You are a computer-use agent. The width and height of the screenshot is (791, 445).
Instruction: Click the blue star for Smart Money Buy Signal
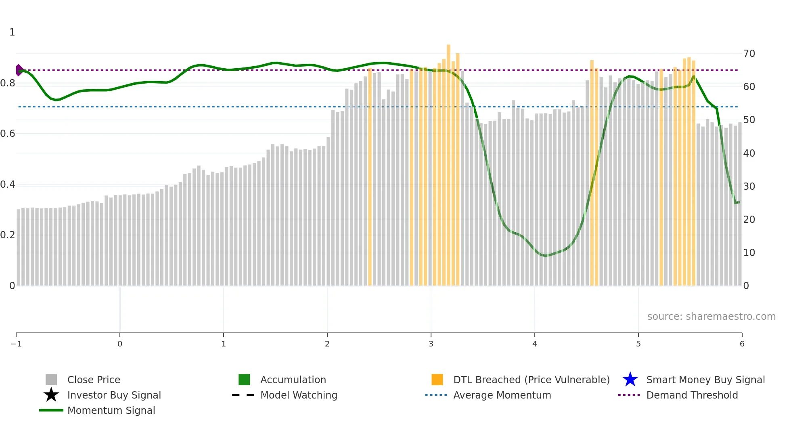[630, 380]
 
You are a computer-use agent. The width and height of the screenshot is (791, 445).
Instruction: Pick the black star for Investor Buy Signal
[51, 395]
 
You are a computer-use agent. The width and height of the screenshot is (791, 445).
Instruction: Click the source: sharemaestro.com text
[711, 316]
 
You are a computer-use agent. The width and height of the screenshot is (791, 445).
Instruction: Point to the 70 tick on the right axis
[749, 54]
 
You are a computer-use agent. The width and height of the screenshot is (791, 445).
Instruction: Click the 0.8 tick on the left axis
[8, 83]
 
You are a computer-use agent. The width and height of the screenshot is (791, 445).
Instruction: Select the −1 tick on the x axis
[16, 344]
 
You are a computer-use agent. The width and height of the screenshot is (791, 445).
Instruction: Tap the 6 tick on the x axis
[742, 344]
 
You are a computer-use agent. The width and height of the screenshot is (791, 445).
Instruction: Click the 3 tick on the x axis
[431, 344]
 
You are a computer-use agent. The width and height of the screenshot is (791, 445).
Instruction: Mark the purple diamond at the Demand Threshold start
[19, 70]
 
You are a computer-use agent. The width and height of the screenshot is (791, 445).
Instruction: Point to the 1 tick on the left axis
[12, 32]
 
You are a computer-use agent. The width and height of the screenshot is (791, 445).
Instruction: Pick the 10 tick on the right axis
[749, 253]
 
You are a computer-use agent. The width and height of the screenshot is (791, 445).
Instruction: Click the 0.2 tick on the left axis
[8, 235]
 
